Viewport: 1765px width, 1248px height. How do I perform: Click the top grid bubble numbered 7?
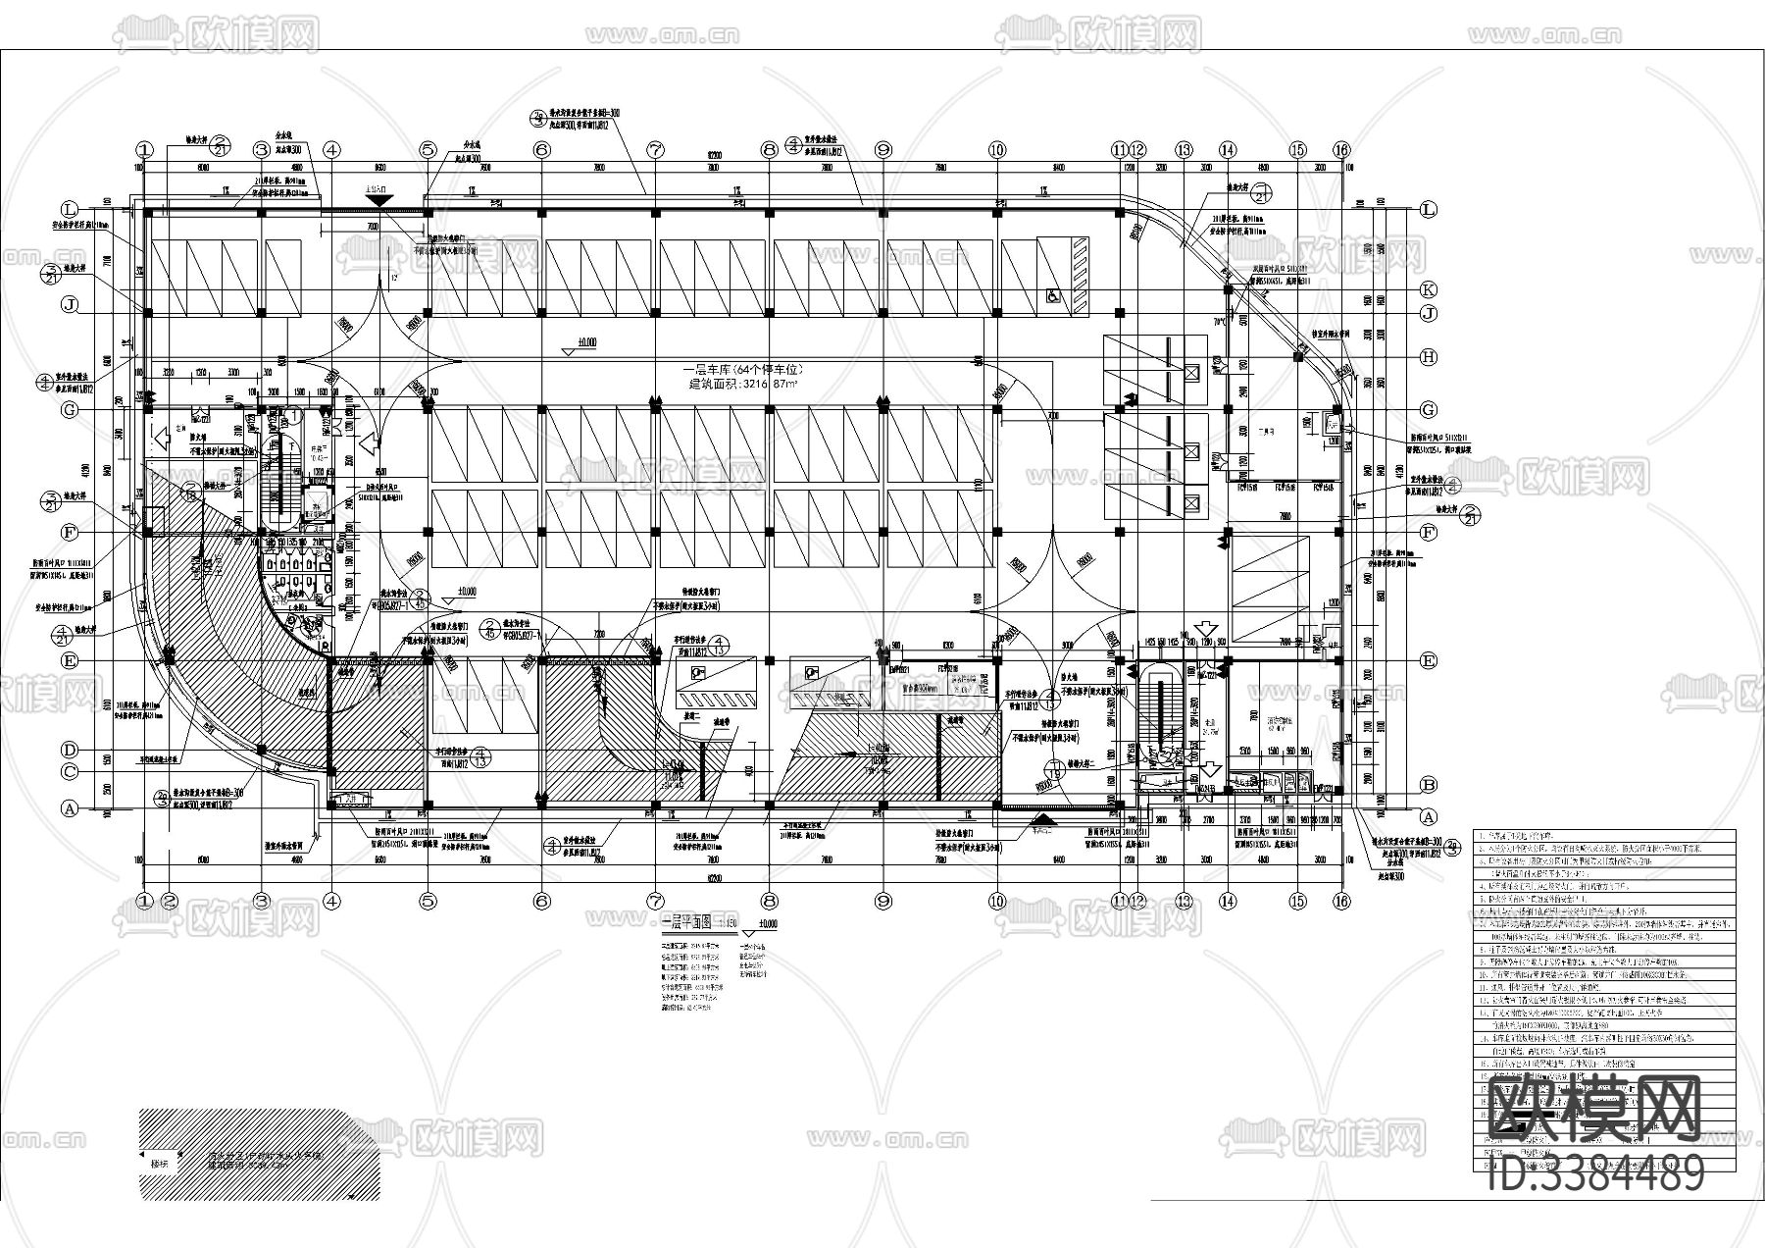(x=654, y=150)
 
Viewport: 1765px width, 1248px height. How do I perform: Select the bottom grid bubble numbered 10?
(x=996, y=901)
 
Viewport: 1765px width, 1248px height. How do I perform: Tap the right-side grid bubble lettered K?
(x=1428, y=290)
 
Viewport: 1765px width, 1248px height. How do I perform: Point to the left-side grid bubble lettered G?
(x=70, y=409)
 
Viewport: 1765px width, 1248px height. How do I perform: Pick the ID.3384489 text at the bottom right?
(x=1595, y=1172)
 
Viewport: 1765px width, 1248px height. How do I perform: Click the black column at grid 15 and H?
(x=1297, y=357)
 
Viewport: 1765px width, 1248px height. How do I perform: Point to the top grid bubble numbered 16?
(x=1341, y=150)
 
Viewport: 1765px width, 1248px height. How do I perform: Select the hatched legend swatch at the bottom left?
(x=245, y=1153)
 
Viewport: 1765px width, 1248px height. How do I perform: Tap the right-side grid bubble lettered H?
(x=1428, y=357)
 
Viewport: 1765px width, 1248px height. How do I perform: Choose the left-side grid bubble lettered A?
(x=70, y=809)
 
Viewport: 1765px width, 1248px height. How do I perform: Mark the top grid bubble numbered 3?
(x=261, y=150)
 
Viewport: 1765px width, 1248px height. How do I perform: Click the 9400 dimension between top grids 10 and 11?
(x=1057, y=168)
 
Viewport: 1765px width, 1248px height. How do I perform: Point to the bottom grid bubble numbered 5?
(x=428, y=901)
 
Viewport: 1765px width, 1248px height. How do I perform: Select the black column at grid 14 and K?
(x=1228, y=290)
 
